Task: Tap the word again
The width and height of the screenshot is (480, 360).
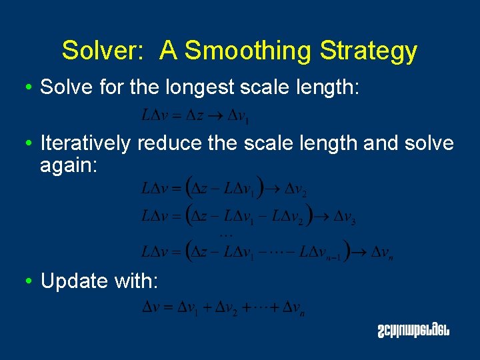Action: tap(69, 165)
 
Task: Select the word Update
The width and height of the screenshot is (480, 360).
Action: tap(74, 281)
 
